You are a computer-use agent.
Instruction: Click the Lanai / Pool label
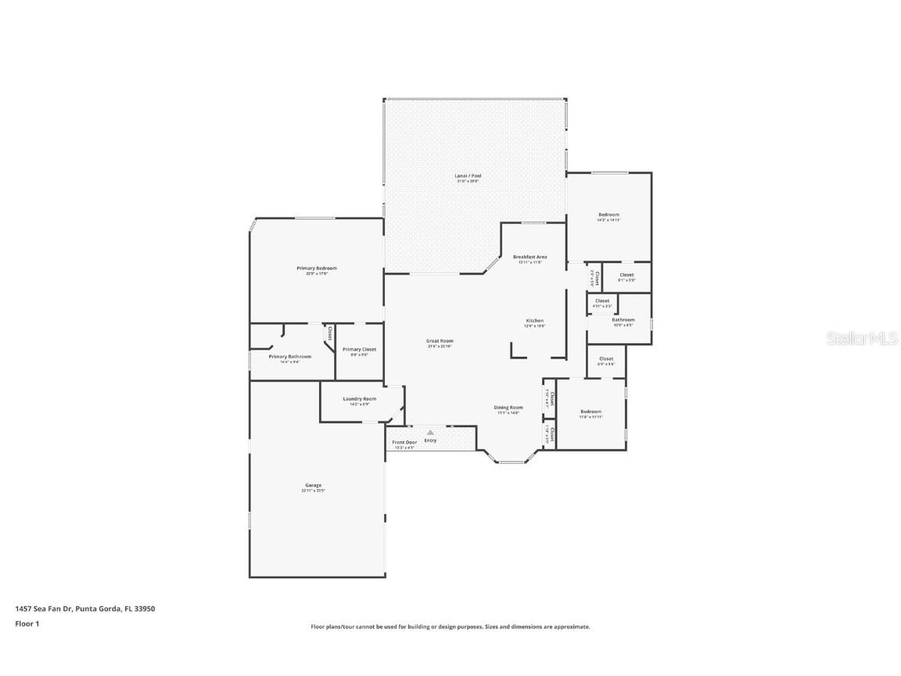click(x=468, y=176)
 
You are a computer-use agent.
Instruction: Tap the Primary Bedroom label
click(x=316, y=268)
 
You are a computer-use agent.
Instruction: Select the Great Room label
click(x=440, y=341)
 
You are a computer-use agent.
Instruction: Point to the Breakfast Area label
click(x=529, y=257)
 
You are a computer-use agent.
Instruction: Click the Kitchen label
click(x=534, y=321)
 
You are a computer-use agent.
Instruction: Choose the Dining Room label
click(x=508, y=408)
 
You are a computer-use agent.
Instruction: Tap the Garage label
click(x=313, y=485)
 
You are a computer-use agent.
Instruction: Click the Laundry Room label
click(x=359, y=399)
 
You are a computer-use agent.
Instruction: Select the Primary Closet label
click(x=359, y=350)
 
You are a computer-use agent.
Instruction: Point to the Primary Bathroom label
click(x=289, y=357)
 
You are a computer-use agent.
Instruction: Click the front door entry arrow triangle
click(x=430, y=432)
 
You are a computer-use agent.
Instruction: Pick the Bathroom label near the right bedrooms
click(x=623, y=319)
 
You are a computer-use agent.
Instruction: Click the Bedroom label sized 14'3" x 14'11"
click(x=608, y=215)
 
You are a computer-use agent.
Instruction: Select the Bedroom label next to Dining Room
click(x=590, y=412)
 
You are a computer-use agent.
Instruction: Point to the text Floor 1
click(x=27, y=624)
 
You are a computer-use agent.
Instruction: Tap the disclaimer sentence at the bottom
click(x=450, y=627)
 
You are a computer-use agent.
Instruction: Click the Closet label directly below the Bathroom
click(x=606, y=359)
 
